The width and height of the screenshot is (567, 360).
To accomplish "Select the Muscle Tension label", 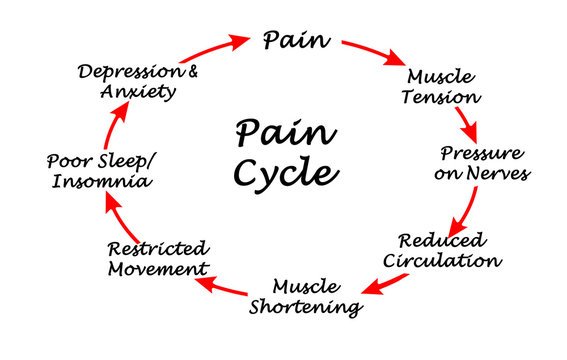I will click(443, 86).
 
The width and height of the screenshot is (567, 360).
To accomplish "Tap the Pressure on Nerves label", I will click(482, 163).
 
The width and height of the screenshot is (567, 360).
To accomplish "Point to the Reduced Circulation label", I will click(448, 250).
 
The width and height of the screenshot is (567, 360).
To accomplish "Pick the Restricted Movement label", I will click(158, 258).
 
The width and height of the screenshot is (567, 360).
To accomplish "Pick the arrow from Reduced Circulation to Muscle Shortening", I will click(386, 283).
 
